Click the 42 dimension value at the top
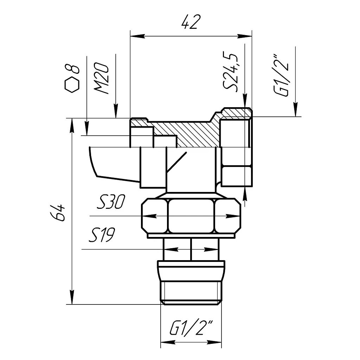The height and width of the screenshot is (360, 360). (x=191, y=22)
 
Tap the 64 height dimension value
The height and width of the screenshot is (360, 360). (x=58, y=212)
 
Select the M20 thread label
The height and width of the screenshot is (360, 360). (x=101, y=78)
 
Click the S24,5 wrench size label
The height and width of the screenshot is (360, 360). (x=230, y=72)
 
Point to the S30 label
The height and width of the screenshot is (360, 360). (x=111, y=202)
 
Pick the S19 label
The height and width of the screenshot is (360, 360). (x=102, y=235)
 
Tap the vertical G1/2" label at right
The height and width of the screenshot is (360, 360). (x=281, y=75)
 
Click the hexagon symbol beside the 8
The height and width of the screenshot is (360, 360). (x=72, y=84)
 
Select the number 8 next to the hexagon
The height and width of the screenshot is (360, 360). (x=72, y=69)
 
